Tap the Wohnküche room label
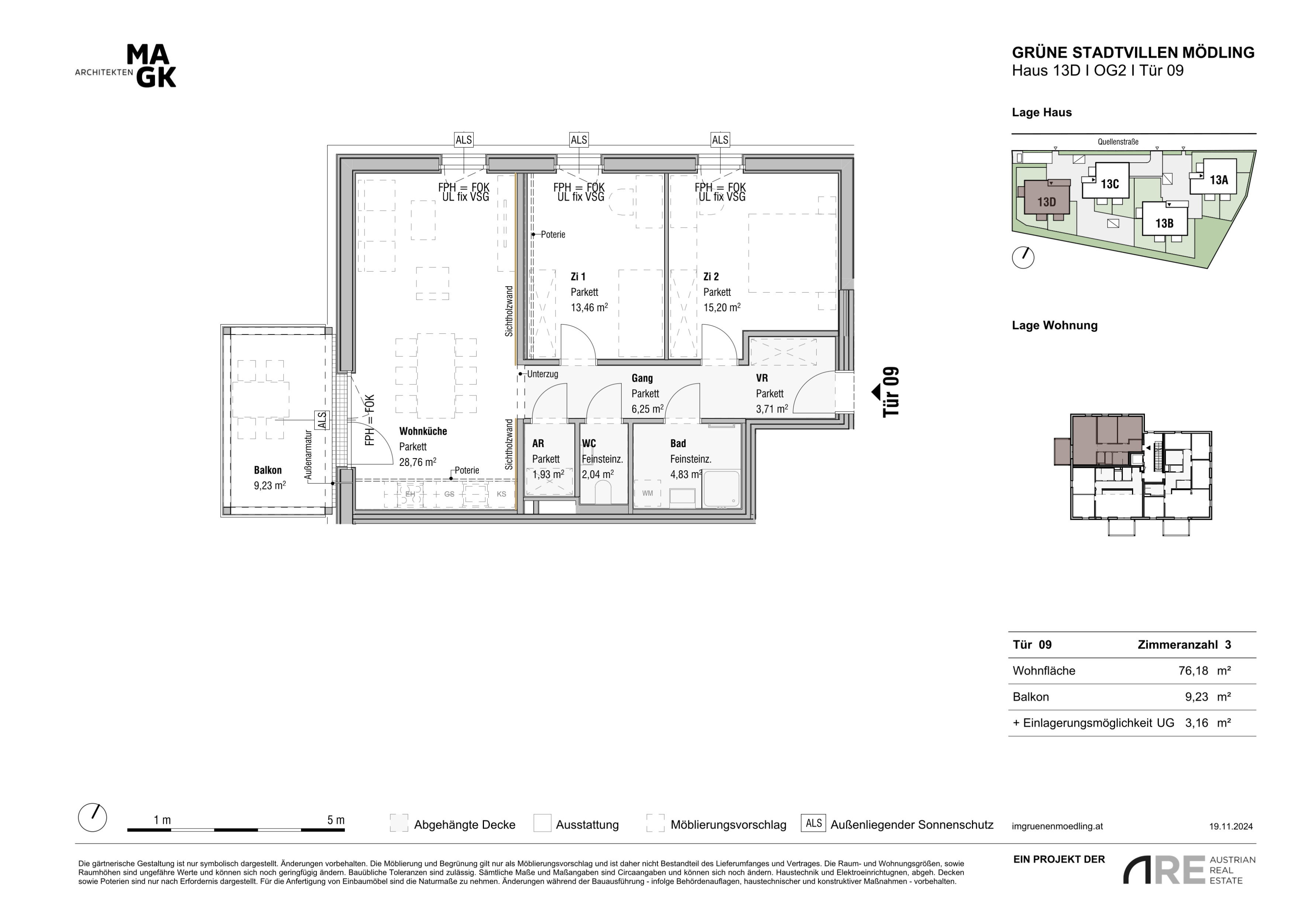423,431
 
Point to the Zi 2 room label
711,277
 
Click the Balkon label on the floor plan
268,470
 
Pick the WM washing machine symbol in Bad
648,494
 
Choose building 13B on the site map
1164,222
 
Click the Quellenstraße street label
1118,142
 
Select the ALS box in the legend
814,823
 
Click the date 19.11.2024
1231,826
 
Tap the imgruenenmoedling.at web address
1057,826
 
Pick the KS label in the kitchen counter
501,494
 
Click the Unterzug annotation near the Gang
543,374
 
